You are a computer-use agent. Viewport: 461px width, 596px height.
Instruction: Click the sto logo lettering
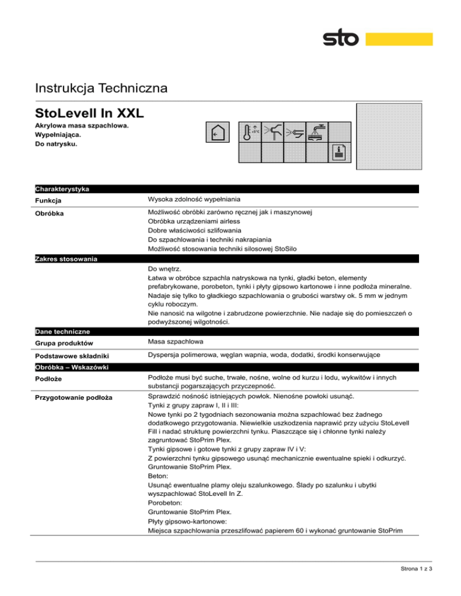coord(341,40)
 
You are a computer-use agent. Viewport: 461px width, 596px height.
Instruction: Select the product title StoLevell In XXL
coord(89,113)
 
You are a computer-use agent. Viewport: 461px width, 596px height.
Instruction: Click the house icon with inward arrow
coord(215,133)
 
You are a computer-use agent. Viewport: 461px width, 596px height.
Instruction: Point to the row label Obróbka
coord(50,213)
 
